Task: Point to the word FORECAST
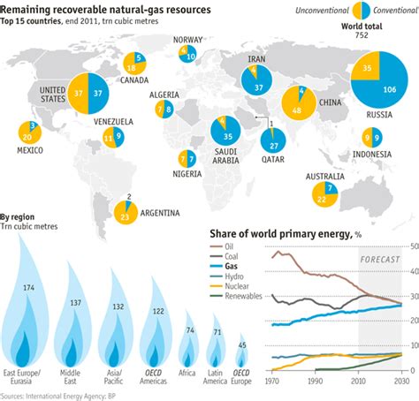coord(380,258)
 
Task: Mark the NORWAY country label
coord(188,40)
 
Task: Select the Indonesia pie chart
coord(372,138)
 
